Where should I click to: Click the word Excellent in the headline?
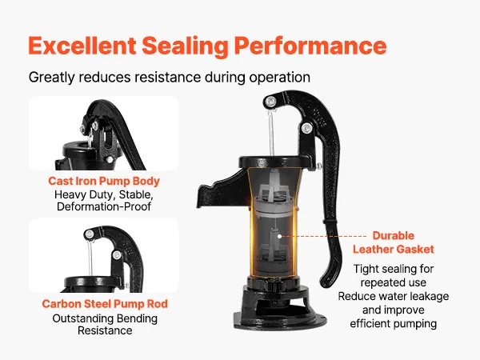click(82, 46)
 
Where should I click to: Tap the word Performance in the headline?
click(310, 46)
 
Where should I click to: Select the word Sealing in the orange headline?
click(185, 46)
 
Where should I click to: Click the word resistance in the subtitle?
click(167, 77)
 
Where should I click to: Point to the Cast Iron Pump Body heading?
click(104, 181)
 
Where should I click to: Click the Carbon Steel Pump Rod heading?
click(105, 304)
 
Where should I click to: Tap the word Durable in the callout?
click(394, 235)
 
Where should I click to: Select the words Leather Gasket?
click(394, 249)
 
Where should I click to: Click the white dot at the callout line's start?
click(279, 236)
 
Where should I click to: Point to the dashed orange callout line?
click(324, 236)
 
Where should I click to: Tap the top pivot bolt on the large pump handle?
click(270, 101)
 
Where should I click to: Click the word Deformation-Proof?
click(104, 206)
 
